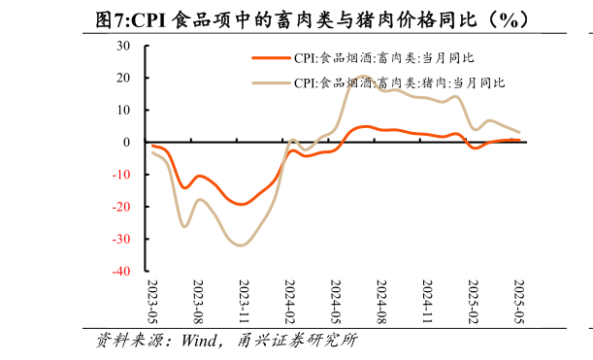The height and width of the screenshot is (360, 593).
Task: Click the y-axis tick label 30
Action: [x=123, y=46]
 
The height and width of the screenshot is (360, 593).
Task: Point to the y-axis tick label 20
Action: [x=123, y=78]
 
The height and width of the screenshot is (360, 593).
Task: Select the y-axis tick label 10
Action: [x=123, y=110]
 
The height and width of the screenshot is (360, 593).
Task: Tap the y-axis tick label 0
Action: [x=126, y=143]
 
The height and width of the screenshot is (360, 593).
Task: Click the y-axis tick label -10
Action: [x=121, y=175]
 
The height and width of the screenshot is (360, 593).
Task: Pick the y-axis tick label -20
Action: [x=121, y=207]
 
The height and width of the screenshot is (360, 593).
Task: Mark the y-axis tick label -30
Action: [x=121, y=240]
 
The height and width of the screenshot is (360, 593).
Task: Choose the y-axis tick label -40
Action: [x=121, y=272]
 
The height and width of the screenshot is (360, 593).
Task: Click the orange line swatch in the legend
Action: [x=271, y=58]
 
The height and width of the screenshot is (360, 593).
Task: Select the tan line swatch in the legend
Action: [x=271, y=82]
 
